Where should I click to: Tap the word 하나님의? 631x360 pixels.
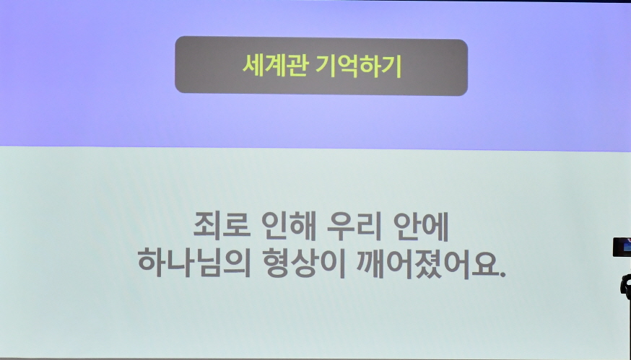pos(193,263)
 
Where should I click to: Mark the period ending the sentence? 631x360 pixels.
pos(503,274)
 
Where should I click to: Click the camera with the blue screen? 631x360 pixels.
pos(622,247)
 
